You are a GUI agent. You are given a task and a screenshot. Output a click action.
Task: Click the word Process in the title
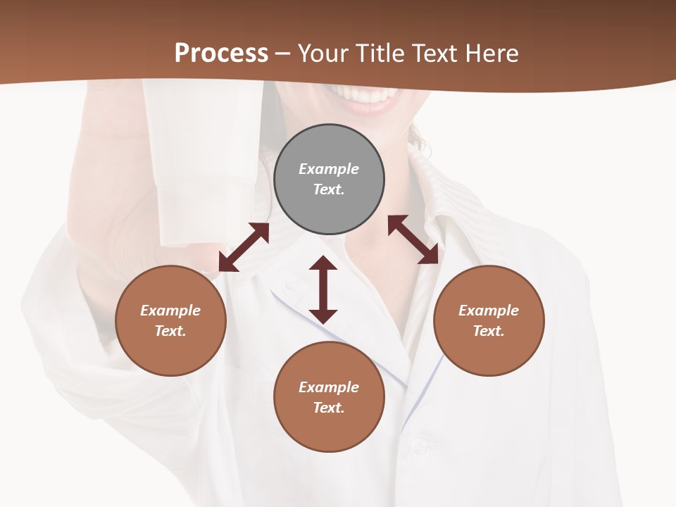(x=221, y=54)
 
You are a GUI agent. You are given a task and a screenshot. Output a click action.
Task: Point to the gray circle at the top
(x=329, y=180)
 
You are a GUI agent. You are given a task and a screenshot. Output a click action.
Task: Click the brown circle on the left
(x=170, y=320)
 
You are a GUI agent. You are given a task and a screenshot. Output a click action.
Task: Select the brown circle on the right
(x=489, y=320)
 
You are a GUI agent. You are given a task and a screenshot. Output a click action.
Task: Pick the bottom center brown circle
(x=329, y=397)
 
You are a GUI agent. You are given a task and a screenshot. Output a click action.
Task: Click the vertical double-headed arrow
(x=323, y=290)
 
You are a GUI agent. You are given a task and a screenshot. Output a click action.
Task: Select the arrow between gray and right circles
(x=413, y=239)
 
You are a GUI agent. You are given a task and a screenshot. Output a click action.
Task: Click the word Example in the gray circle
(x=329, y=169)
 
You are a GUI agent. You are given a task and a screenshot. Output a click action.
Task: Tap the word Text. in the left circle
(x=170, y=331)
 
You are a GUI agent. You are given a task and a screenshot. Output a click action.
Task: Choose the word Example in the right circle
(x=489, y=311)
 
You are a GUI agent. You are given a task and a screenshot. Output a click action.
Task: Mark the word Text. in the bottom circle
(x=329, y=408)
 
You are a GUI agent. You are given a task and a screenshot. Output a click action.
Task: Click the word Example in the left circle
(x=170, y=311)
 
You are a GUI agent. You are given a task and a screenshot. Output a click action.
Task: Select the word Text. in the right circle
(x=489, y=331)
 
